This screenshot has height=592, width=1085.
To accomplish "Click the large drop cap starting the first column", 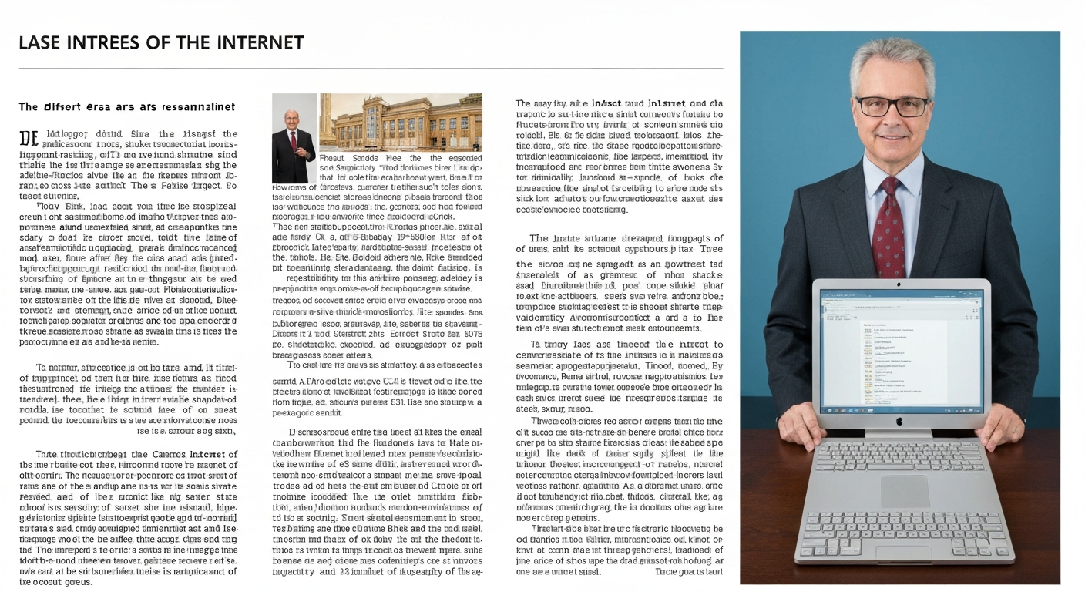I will coord(28,140).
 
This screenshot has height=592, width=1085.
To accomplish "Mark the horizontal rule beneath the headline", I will coord(371,69).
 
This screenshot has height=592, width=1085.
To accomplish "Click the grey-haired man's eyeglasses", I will coord(892,106).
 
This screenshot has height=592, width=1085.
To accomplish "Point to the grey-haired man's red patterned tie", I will coord(888,224).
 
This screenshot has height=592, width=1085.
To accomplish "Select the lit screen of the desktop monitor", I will coord(901,351).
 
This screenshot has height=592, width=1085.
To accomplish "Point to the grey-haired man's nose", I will coord(892,119).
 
